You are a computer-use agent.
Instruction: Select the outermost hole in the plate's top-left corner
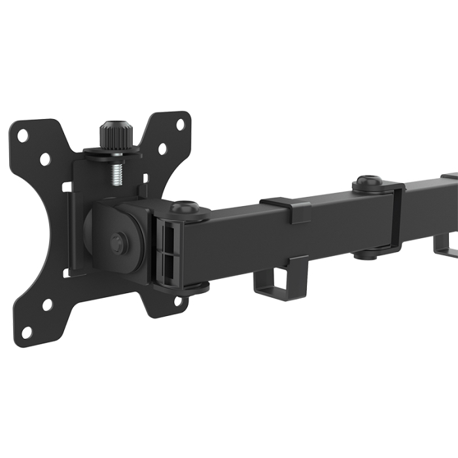[x=22, y=136]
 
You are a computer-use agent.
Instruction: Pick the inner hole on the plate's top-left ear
[x=44, y=158]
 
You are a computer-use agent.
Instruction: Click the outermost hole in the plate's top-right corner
[x=181, y=124]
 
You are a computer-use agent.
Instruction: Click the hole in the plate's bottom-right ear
[x=177, y=302]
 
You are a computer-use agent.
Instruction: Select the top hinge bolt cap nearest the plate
[x=185, y=207]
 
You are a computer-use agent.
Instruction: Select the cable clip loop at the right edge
[x=448, y=245]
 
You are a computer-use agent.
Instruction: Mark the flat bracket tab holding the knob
[x=111, y=152]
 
